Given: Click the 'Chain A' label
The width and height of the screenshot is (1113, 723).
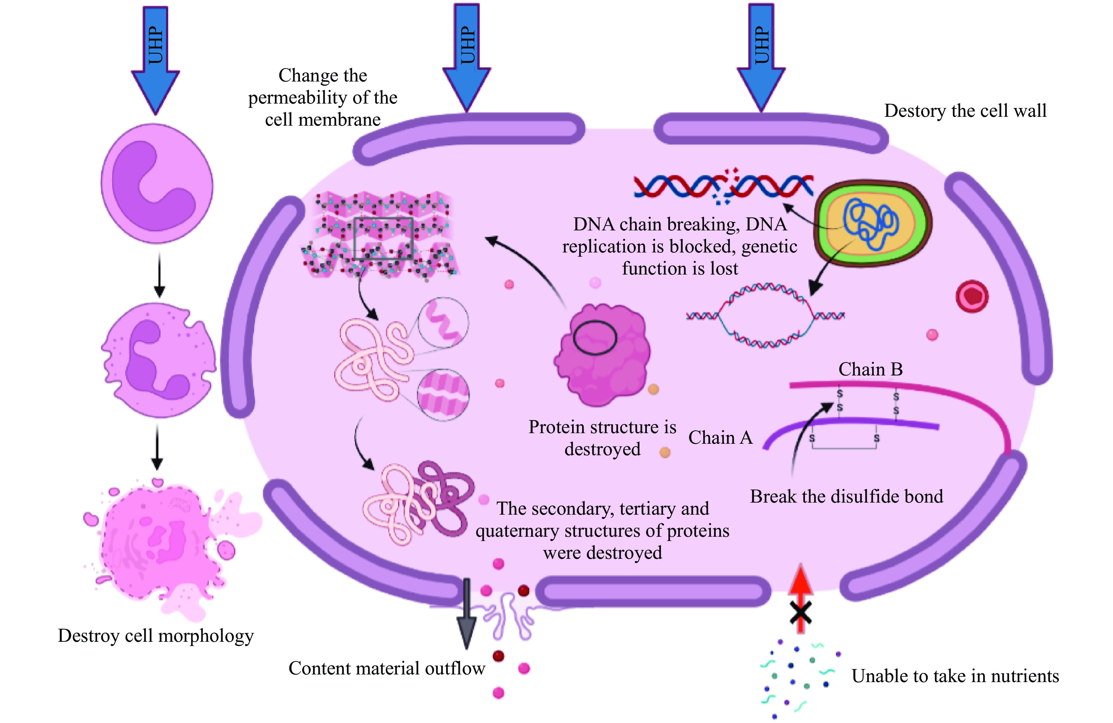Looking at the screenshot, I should [720, 438].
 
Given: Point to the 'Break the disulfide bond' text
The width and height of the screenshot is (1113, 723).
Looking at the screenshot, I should [847, 496].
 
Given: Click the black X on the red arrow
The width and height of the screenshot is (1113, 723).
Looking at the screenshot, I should [800, 613].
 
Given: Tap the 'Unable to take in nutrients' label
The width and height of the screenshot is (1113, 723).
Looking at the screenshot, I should [955, 676].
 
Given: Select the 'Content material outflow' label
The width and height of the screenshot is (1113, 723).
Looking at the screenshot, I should [387, 668].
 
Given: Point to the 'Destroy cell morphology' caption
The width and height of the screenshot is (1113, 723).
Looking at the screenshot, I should [156, 636].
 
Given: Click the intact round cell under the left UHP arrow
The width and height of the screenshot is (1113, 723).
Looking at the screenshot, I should [157, 183].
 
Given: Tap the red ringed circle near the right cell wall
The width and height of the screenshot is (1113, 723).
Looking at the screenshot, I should [972, 296].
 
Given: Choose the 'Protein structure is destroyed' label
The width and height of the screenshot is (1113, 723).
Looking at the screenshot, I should [602, 438].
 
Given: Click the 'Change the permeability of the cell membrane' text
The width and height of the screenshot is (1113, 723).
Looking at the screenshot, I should [323, 97].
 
